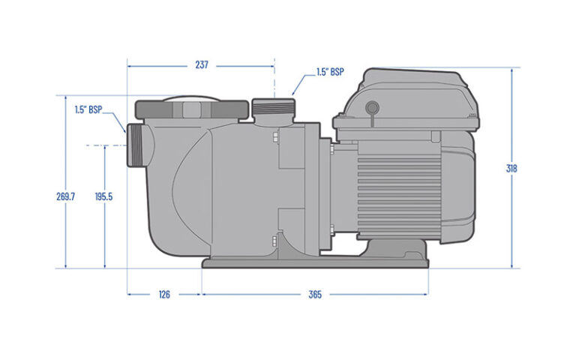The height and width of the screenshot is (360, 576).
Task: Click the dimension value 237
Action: pos(201,65)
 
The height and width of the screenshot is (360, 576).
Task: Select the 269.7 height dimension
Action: pos(66,196)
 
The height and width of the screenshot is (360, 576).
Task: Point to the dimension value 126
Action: pos(163,295)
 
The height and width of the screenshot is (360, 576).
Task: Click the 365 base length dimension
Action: pos(315,295)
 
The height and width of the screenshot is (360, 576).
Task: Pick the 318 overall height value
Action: pos(511,168)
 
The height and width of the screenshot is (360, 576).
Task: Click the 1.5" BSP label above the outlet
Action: pos(330,73)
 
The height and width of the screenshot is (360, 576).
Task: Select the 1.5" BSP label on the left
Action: pos(88,109)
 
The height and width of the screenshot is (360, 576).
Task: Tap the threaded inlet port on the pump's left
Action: pos(136,145)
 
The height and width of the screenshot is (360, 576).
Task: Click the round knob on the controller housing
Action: pos(370,107)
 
